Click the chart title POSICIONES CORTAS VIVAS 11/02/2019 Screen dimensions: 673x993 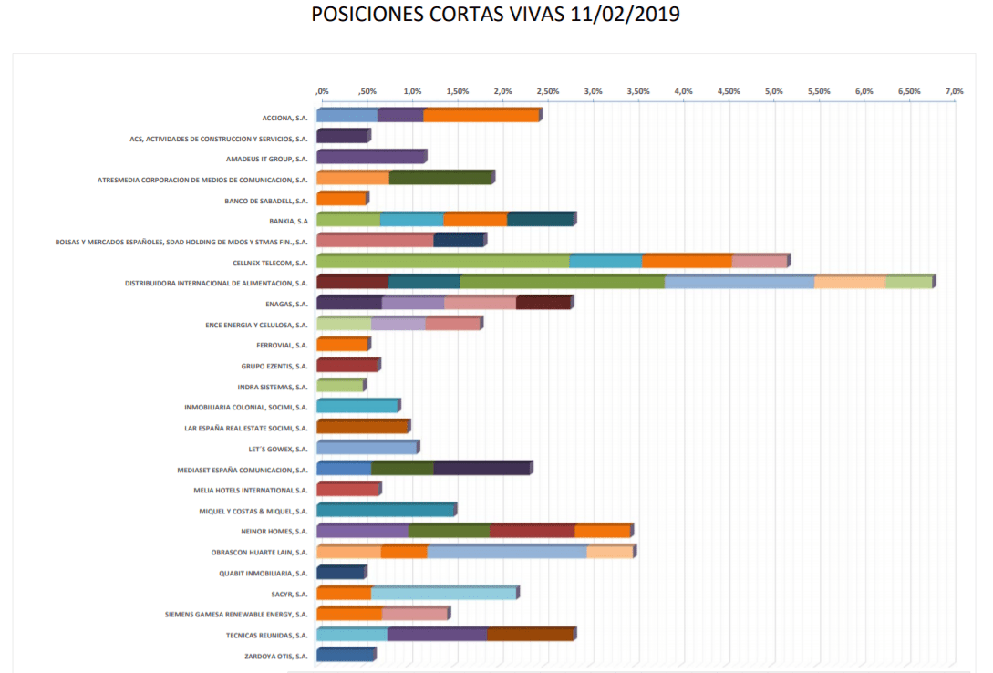(x=496, y=16)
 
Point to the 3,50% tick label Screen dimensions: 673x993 (x=637, y=91)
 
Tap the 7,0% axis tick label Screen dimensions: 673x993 (x=954, y=91)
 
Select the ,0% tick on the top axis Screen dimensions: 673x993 (x=322, y=91)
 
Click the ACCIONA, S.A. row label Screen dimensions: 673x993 (x=284, y=118)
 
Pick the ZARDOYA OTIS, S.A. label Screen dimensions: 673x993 (x=275, y=656)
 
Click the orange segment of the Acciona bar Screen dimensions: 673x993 (x=481, y=115)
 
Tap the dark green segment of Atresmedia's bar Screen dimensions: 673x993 (x=440, y=177)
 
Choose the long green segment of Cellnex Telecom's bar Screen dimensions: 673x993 (x=442, y=261)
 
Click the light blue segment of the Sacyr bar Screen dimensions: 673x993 (x=443, y=593)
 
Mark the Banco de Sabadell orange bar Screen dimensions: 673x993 (x=341, y=198)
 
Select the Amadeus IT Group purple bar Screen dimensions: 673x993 (x=370, y=157)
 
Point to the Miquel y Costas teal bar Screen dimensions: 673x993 (x=385, y=510)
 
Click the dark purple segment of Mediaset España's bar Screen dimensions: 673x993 (x=481, y=468)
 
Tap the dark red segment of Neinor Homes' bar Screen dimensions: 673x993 (x=532, y=531)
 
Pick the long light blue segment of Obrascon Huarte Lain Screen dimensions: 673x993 (x=507, y=551)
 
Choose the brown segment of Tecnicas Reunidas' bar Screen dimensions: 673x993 (x=530, y=634)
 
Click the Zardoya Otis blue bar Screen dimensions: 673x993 (x=345, y=655)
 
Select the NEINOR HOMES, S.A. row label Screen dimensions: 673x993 (x=274, y=531)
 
